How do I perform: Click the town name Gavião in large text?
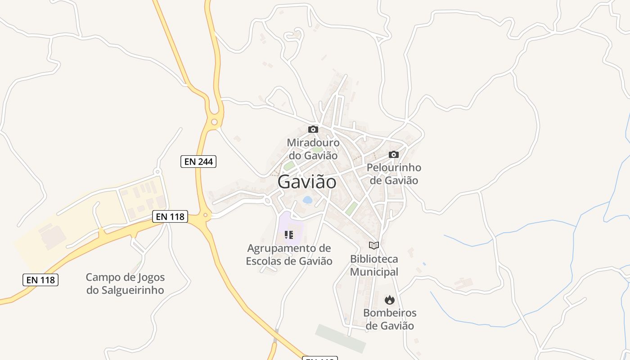click(x=307, y=182)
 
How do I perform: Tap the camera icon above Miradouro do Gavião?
click(x=313, y=130)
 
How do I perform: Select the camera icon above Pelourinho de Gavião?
click(x=394, y=154)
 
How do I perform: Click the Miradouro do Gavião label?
click(x=313, y=149)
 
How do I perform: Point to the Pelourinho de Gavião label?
click(x=394, y=174)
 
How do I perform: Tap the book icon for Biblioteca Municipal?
click(x=374, y=245)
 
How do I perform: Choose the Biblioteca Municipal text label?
click(x=374, y=265)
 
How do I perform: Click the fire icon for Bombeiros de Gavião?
click(x=389, y=300)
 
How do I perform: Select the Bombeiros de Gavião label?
click(x=390, y=319)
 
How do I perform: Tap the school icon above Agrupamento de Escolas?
click(x=289, y=234)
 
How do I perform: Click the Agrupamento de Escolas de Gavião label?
click(x=289, y=254)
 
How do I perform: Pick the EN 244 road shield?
click(x=198, y=162)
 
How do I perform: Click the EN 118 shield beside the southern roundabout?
click(x=170, y=216)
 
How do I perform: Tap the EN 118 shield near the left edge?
click(x=40, y=279)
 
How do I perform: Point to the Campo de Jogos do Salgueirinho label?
click(x=125, y=283)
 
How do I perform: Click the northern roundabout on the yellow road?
click(x=214, y=121)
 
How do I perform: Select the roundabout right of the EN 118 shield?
click(x=205, y=216)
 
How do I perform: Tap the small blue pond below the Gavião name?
click(x=308, y=199)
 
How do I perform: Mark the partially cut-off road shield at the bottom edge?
click(x=319, y=358)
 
